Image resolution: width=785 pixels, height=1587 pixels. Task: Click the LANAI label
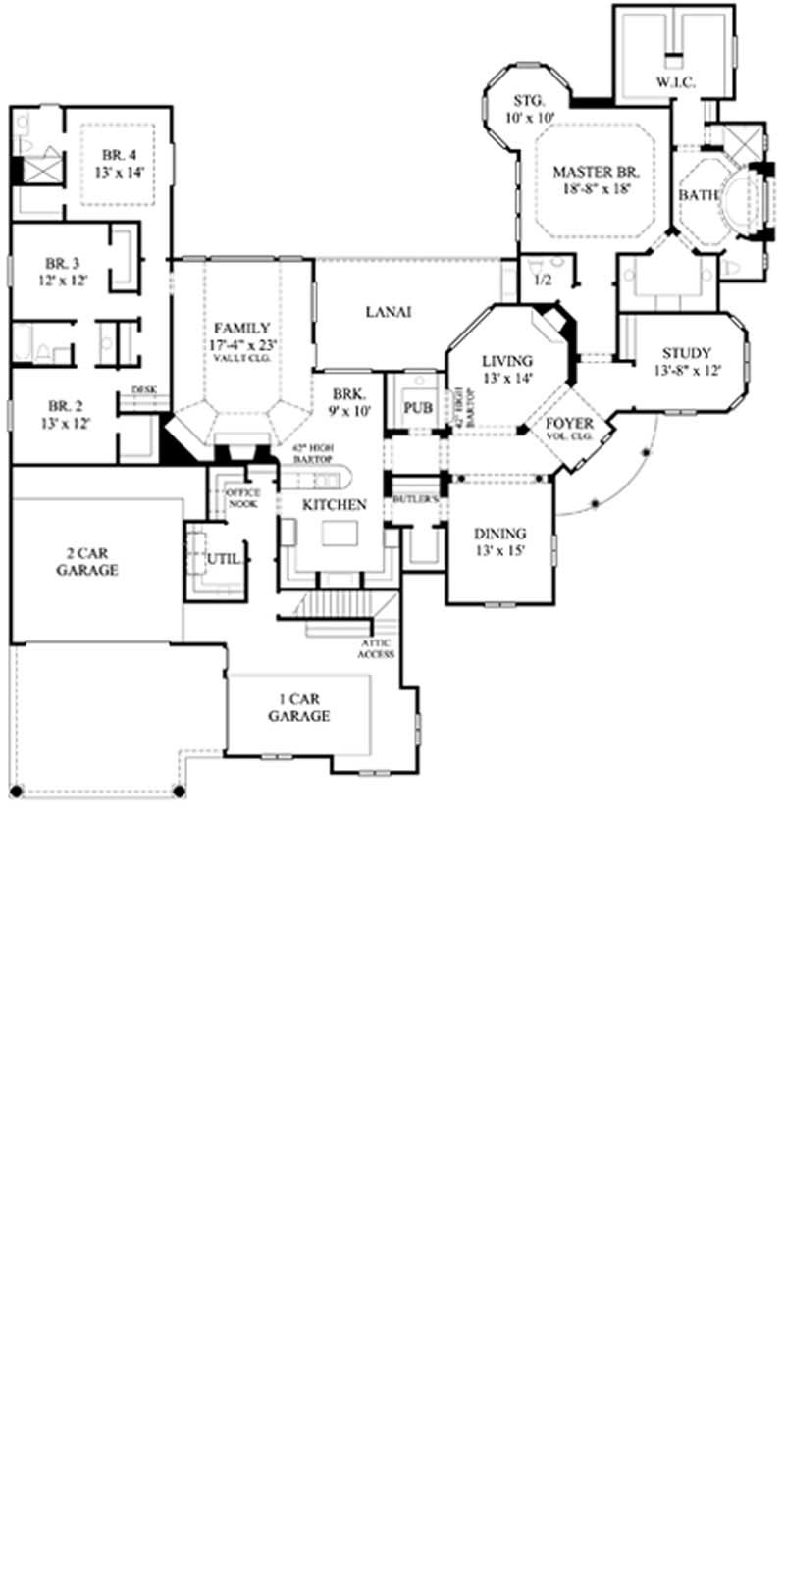(388, 312)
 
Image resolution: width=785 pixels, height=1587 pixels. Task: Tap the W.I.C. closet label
(675, 83)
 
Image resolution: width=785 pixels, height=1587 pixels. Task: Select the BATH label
(699, 195)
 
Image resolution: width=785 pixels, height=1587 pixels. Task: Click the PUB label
(419, 406)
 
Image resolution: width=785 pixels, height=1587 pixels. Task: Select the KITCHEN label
(334, 504)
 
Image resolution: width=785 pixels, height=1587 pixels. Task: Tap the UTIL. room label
(223, 558)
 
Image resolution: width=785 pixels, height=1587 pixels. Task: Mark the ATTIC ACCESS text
(376, 648)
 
